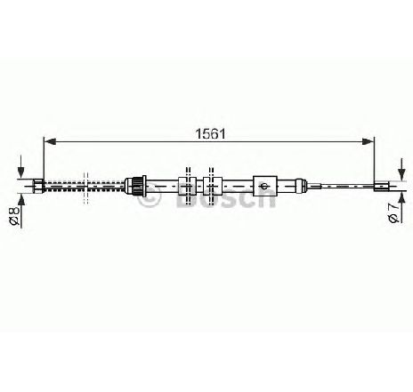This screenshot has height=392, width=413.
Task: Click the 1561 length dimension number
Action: (210, 134)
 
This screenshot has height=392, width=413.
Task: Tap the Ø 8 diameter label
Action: (14, 216)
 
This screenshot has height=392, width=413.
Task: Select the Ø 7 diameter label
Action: (393, 213)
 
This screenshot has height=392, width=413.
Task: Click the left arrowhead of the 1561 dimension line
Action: (50, 141)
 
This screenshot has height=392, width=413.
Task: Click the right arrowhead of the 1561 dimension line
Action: (368, 141)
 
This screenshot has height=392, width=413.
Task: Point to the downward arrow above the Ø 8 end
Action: (20, 166)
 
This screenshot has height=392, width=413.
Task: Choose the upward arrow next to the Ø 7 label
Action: (401, 207)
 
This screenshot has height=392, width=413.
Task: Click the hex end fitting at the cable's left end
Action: (39, 186)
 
